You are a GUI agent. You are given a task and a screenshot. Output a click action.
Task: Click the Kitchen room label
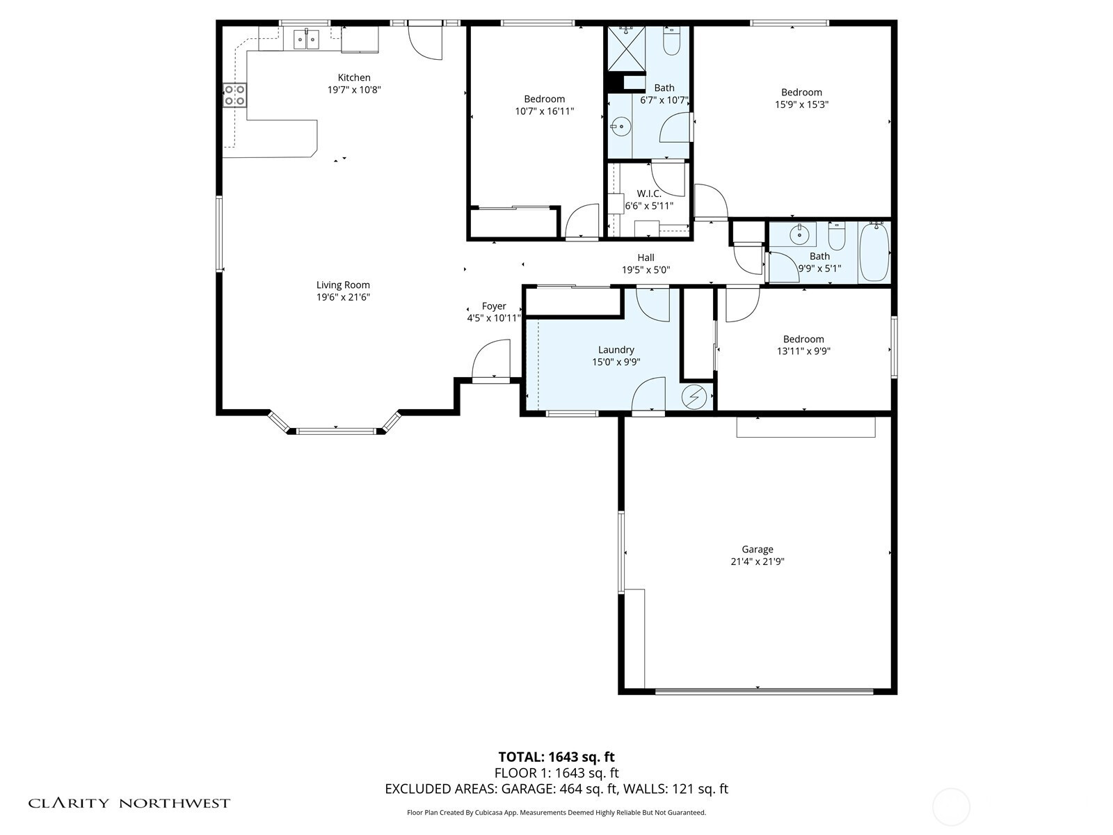point(354,77)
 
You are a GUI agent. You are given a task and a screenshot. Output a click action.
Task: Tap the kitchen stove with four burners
point(234,95)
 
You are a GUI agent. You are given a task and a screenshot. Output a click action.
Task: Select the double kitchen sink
point(306,39)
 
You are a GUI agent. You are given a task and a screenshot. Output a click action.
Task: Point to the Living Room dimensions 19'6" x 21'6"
point(343,297)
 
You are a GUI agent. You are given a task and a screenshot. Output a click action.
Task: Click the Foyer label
point(494,306)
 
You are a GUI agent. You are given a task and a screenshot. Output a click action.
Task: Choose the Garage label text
point(758,549)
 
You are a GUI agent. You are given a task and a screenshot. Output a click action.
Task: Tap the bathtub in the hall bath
point(874,252)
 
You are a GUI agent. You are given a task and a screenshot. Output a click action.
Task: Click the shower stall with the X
point(627,49)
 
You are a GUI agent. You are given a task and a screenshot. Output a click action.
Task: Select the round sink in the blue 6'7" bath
point(620,126)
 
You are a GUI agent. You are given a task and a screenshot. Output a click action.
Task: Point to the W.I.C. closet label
point(649,193)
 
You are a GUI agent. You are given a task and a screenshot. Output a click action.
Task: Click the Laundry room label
point(616,350)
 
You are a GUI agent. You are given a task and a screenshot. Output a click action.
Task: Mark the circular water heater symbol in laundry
point(694,397)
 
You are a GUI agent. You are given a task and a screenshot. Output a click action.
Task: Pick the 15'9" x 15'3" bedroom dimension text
point(801,104)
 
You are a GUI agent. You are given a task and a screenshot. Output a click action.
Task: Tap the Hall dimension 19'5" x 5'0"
point(646,270)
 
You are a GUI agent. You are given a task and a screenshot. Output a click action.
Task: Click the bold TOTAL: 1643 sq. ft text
point(556,757)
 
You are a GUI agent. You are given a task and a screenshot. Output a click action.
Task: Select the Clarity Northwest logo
point(129,803)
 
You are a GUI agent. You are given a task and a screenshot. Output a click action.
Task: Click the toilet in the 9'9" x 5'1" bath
point(837,237)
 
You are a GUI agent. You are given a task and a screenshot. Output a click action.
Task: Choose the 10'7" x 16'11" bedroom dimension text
point(545,111)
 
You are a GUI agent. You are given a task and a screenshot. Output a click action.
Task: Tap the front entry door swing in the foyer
point(491,359)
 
